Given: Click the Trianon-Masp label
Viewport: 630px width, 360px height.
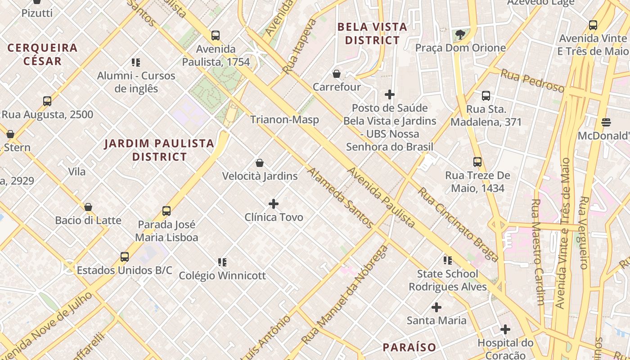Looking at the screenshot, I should (284, 120).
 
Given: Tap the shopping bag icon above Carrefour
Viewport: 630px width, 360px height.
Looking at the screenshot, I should (337, 74).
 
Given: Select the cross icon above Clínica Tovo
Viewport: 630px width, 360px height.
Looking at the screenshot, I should (273, 204).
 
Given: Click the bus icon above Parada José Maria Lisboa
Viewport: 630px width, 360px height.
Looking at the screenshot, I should (166, 211).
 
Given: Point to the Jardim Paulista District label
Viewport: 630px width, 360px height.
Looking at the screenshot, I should (159, 150).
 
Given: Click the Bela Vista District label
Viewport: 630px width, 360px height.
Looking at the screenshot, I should (372, 34).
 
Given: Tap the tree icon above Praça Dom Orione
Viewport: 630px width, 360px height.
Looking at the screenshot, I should (460, 35).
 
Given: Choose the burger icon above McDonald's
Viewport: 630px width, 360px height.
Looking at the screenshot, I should (606, 122).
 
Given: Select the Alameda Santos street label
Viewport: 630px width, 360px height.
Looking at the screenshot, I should (340, 198).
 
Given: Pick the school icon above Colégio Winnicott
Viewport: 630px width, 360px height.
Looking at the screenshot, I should (222, 262).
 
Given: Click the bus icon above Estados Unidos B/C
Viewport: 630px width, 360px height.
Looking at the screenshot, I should (125, 257).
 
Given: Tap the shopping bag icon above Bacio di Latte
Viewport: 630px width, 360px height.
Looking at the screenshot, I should (88, 207).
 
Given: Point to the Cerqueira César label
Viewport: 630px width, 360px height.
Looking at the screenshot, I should (42, 54).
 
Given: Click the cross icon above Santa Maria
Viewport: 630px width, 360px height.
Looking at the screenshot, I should (436, 307).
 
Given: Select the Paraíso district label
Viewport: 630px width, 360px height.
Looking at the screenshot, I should (409, 347).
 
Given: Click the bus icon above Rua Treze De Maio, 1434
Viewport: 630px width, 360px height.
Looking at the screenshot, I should (477, 162).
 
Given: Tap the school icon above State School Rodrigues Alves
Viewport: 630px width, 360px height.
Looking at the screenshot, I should (448, 260).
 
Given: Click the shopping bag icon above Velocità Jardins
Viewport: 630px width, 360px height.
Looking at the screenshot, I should (260, 162).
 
